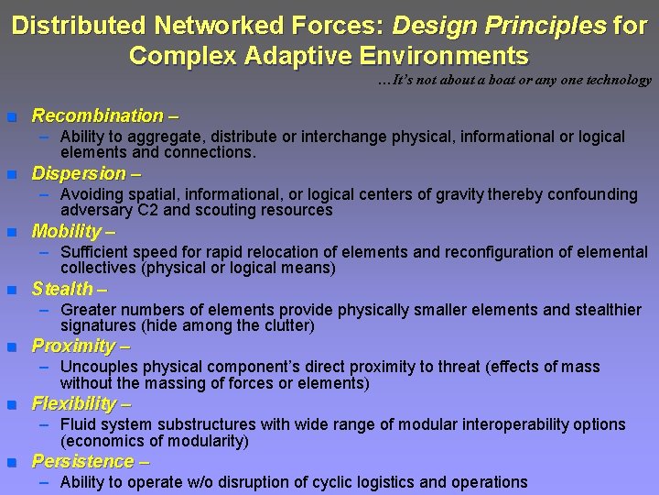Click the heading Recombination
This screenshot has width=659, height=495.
[97, 116]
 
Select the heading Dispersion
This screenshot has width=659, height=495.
[79, 173]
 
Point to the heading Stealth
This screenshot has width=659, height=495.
[62, 289]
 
